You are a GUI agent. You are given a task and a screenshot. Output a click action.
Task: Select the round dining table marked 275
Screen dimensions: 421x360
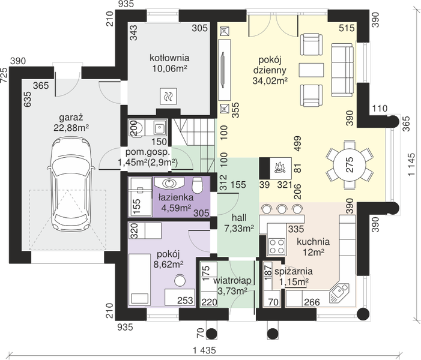350,164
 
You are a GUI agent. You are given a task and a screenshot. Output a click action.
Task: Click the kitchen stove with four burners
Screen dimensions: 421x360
277,246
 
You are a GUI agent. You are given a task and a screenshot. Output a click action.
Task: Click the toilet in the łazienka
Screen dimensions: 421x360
198,185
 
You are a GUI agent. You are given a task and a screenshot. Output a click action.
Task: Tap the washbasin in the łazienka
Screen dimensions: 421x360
169,183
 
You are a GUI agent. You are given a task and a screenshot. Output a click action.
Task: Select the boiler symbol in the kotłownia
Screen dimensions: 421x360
168,96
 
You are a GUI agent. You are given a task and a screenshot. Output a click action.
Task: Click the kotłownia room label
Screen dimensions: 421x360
169,58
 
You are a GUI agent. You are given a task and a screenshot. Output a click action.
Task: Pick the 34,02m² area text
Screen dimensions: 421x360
270,80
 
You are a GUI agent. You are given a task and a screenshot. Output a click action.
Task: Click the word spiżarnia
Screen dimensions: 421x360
293,271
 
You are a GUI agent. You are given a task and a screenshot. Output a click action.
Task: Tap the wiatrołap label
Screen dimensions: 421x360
232,281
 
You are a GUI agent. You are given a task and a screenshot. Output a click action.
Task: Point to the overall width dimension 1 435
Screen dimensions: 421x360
204,350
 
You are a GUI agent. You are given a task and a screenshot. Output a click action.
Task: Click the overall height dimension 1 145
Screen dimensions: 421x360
411,165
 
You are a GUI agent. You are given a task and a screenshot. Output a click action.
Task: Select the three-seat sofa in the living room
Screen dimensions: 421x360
342,70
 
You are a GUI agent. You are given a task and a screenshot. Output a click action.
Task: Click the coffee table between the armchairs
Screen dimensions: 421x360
311,70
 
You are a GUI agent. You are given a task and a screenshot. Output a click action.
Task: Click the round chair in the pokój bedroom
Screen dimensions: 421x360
180,281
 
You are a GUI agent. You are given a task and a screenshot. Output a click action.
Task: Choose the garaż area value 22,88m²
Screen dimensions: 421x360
71,128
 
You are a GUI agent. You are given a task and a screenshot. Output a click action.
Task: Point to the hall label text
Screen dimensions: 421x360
239,217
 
